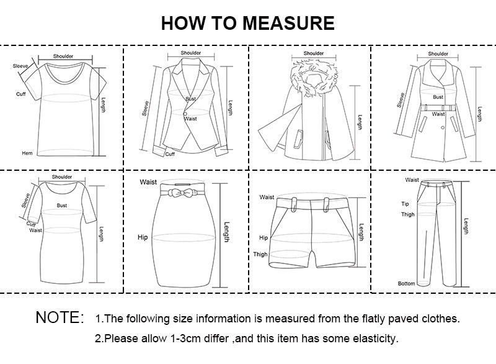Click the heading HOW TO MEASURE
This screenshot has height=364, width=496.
pos(247,23)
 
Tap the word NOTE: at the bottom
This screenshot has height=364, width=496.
pos(60,317)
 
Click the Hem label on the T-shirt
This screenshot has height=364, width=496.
pos(27,153)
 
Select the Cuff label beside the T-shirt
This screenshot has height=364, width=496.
pos(20,94)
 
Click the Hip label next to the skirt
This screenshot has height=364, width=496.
pos(143,237)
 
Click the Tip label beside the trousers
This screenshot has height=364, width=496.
pos(405,203)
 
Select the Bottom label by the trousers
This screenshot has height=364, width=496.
pos(406,283)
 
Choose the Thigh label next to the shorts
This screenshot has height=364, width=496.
pos(260,254)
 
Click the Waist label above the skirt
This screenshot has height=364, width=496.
pos(148,182)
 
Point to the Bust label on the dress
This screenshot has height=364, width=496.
pos(62,205)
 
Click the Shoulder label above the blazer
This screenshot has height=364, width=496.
pos(191,53)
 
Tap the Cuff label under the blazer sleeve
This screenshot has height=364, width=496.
pos(170,153)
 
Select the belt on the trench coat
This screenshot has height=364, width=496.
pos(438,107)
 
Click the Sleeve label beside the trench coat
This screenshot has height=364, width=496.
pos(401,100)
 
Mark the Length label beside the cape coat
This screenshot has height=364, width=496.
pos(360,121)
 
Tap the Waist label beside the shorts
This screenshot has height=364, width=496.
pos(267,197)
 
